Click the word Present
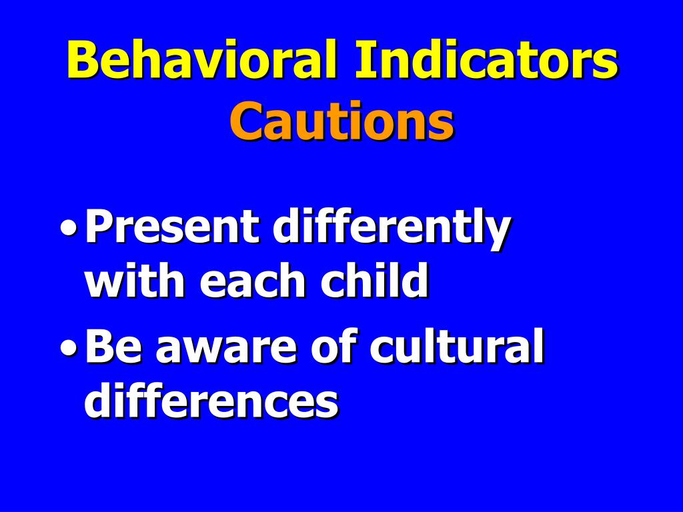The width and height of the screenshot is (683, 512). pos(171,228)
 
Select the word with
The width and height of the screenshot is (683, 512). pos(137,281)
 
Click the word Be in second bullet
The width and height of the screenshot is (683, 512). pos(109,348)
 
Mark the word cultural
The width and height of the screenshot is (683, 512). pos(457,348)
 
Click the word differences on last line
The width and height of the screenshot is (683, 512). pos(211,401)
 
